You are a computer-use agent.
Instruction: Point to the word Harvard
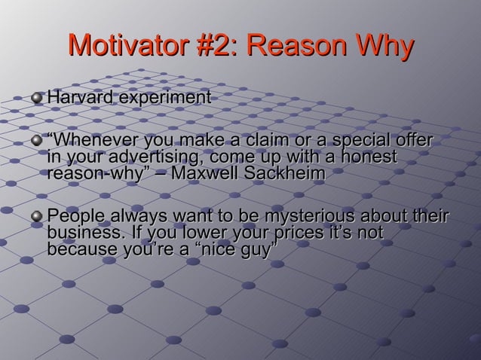coord(78,98)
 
